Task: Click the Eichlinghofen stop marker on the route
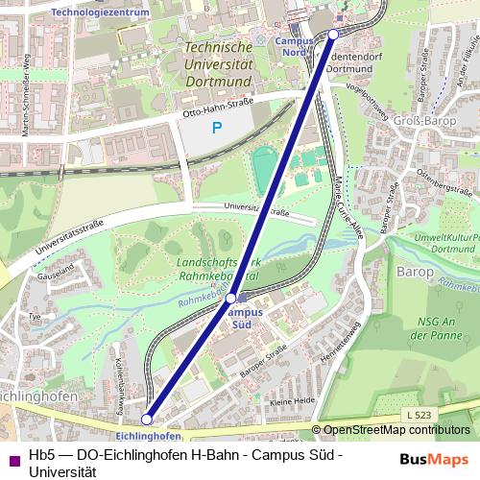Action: pyautogui.click(x=147, y=419)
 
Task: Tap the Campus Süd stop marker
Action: pyautogui.click(x=230, y=300)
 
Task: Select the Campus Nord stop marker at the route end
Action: pyautogui.click(x=333, y=34)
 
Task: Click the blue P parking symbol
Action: pyautogui.click(x=217, y=127)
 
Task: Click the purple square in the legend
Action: pyautogui.click(x=12, y=459)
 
